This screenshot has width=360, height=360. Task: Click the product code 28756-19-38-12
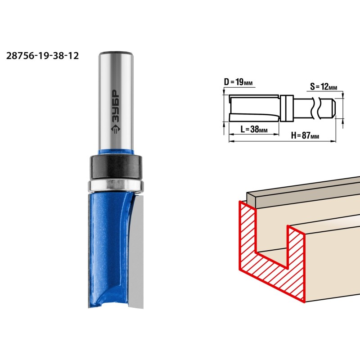(x=42, y=56)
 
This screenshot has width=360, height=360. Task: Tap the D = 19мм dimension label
(x=238, y=82)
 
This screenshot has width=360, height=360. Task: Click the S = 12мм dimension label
(x=324, y=86)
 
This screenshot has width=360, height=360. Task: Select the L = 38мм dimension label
(x=254, y=129)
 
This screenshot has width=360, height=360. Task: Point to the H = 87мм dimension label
(x=305, y=135)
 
